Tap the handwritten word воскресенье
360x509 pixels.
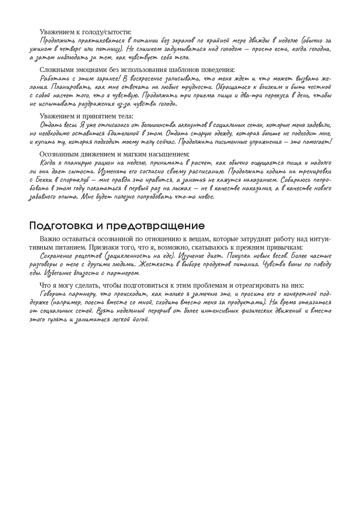[x=145, y=78]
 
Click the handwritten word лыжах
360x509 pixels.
[x=178, y=188]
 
